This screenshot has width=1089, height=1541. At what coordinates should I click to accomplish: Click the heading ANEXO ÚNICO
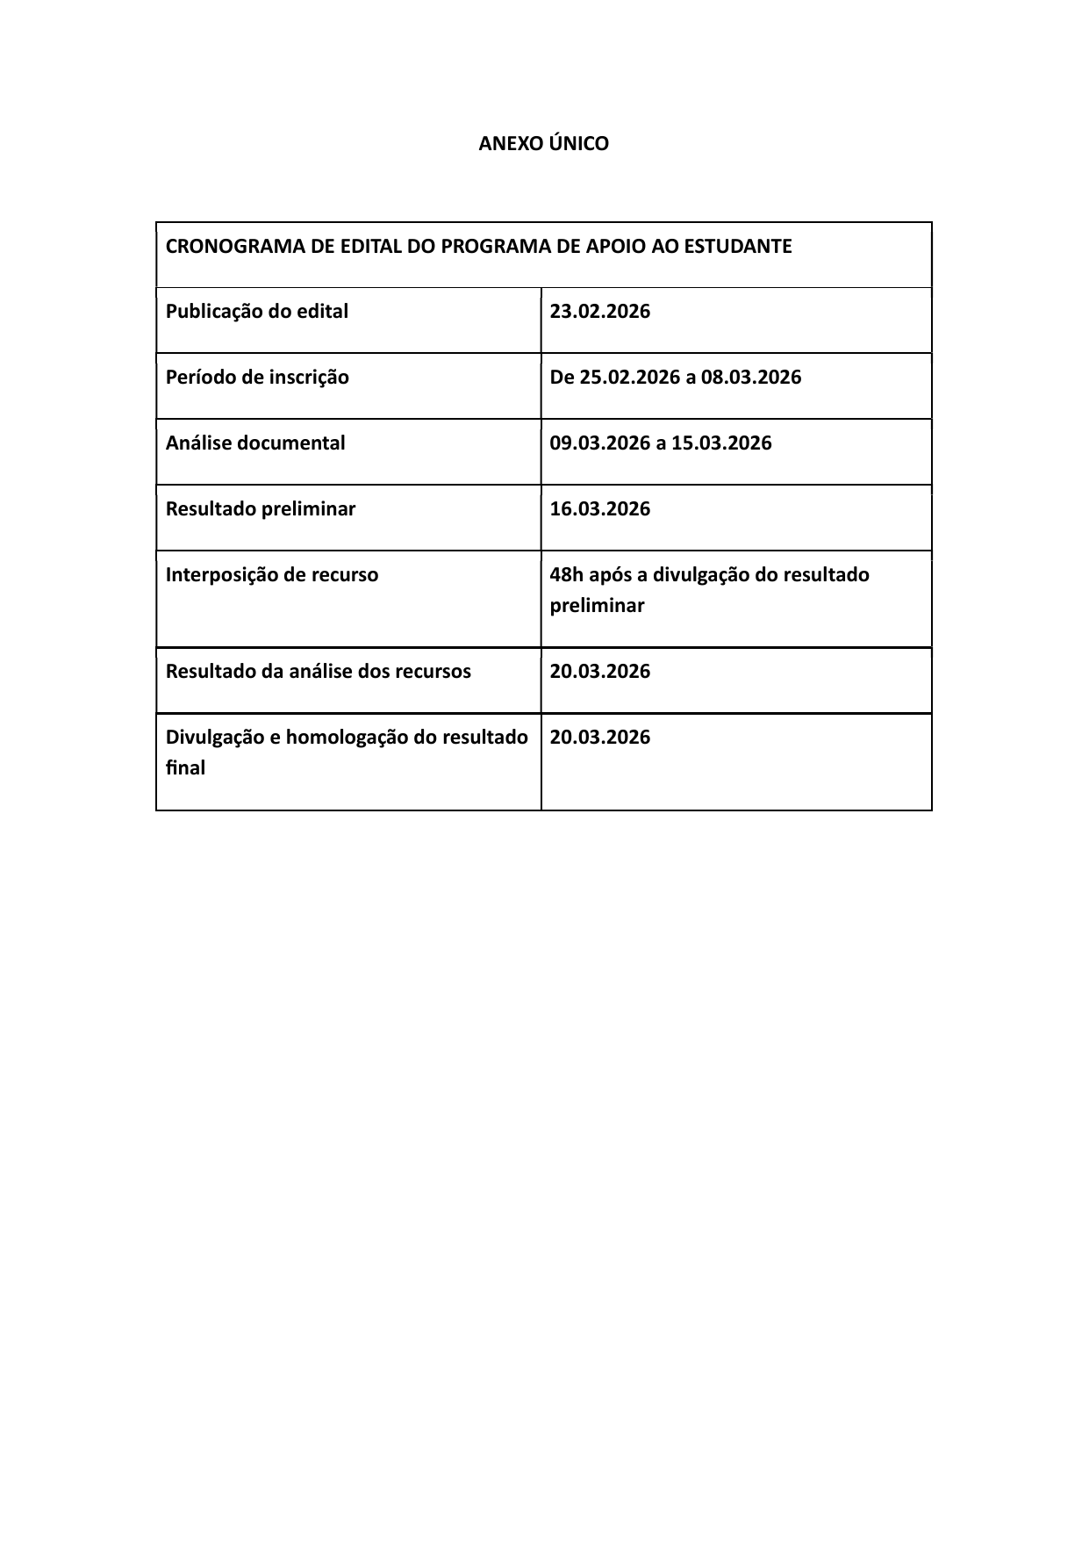pyautogui.click(x=543, y=144)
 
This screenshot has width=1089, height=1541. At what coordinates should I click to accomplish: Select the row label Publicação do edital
pyautogui.click(x=257, y=312)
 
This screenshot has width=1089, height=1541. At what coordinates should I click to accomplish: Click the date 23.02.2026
pyautogui.click(x=600, y=312)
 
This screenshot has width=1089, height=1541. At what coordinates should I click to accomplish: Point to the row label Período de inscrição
pyautogui.click(x=257, y=378)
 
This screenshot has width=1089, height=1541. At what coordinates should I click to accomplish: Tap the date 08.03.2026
pyautogui.click(x=751, y=378)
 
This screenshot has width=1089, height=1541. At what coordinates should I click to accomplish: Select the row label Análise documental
pyautogui.click(x=255, y=443)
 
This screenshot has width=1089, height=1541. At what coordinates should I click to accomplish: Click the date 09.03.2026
pyautogui.click(x=600, y=443)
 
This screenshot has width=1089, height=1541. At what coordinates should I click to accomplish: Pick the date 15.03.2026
pyautogui.click(x=721, y=443)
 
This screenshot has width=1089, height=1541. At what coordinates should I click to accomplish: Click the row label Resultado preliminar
pyautogui.click(x=261, y=509)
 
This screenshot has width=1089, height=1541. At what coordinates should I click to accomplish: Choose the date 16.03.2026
pyautogui.click(x=600, y=509)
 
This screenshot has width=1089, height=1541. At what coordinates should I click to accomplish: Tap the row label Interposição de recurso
pyautogui.click(x=272, y=575)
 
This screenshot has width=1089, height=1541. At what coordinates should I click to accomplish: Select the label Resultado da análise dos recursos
pyautogui.click(x=319, y=672)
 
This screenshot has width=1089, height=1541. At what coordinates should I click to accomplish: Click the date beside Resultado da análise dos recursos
pyautogui.click(x=600, y=672)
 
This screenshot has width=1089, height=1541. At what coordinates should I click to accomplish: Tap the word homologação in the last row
pyautogui.click(x=347, y=738)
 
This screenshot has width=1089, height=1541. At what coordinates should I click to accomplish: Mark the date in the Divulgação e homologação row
pyautogui.click(x=600, y=738)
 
